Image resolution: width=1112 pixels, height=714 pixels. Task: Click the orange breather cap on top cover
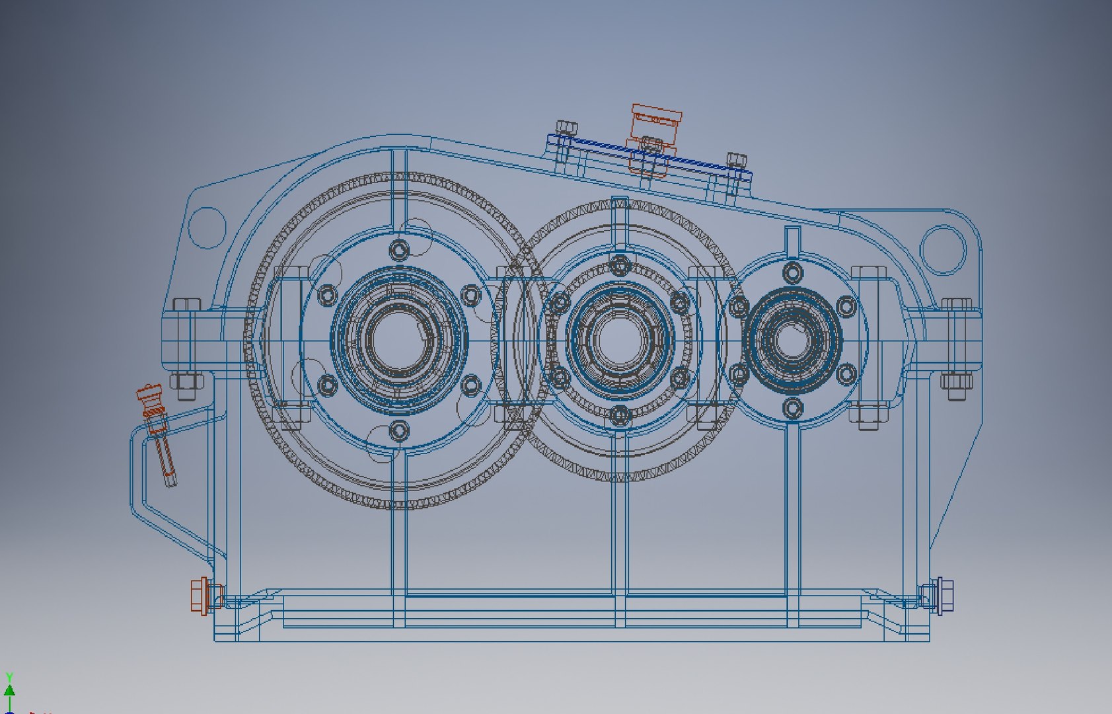pos(655,120)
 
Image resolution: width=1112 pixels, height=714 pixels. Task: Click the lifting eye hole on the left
pos(207,227)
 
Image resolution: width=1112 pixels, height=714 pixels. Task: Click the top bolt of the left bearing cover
pos(399,250)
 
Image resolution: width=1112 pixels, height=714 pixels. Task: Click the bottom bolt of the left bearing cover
pos(399,431)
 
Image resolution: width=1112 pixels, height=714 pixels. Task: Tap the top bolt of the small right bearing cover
pos(793,271)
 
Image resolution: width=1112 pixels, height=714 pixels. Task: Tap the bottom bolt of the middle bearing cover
pos(619,415)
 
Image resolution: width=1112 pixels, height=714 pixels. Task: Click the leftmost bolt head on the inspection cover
pos(567,127)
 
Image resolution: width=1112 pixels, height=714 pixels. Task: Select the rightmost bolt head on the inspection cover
pos(736,160)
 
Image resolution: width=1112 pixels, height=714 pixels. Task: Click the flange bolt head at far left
pos(187,305)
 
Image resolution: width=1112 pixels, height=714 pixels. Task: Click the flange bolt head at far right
pos(956,305)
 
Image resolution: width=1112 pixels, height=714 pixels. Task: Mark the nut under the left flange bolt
pos(186,385)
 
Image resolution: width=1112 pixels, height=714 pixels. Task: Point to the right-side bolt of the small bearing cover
pos(846,306)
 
